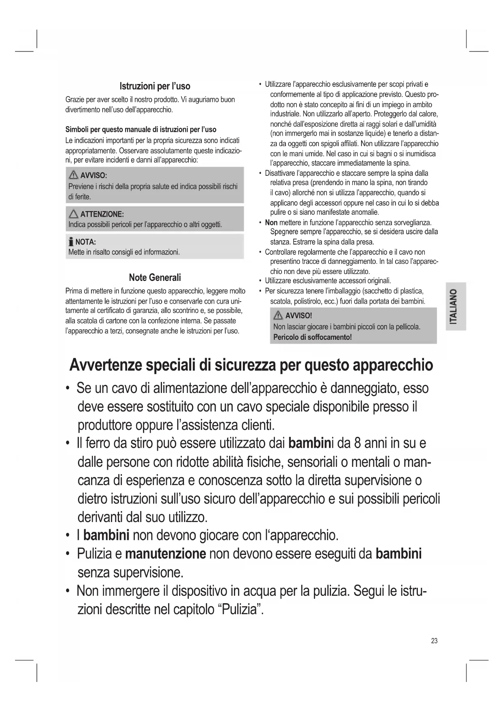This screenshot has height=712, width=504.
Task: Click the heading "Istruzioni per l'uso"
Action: pyautogui.click(x=155, y=86)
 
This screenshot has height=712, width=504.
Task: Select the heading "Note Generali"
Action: pyautogui.click(x=155, y=278)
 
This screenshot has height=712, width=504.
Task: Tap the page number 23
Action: pyautogui.click(x=434, y=641)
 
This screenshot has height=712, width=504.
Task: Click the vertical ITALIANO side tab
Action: pyautogui.click(x=455, y=306)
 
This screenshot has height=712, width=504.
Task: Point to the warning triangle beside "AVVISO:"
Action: pyautogui.click(x=74, y=175)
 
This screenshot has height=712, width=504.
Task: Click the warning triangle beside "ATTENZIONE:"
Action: pyautogui.click(x=74, y=214)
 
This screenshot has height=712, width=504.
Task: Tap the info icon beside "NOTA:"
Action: pyautogui.click(x=71, y=242)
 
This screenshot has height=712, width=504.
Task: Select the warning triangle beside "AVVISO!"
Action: pyautogui.click(x=279, y=316)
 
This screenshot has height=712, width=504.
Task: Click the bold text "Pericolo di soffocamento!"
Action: pyautogui.click(x=312, y=337)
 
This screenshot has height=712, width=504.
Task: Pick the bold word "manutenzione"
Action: pyautogui.click(x=165, y=554)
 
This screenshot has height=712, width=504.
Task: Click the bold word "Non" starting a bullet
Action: pyautogui.click(x=271, y=222)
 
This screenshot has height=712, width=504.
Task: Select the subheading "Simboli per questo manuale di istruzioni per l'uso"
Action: pyautogui.click(x=141, y=129)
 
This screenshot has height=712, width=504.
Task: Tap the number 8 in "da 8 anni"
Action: pyautogui.click(x=357, y=443)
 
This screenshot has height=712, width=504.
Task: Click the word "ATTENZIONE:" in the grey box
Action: pyautogui.click(x=102, y=214)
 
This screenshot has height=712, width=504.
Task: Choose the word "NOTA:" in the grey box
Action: pyautogui.click(x=86, y=242)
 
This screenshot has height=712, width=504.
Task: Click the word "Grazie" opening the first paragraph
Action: pyautogui.click(x=75, y=99)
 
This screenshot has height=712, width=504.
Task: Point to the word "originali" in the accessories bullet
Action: pyautogui.click(x=377, y=281)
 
